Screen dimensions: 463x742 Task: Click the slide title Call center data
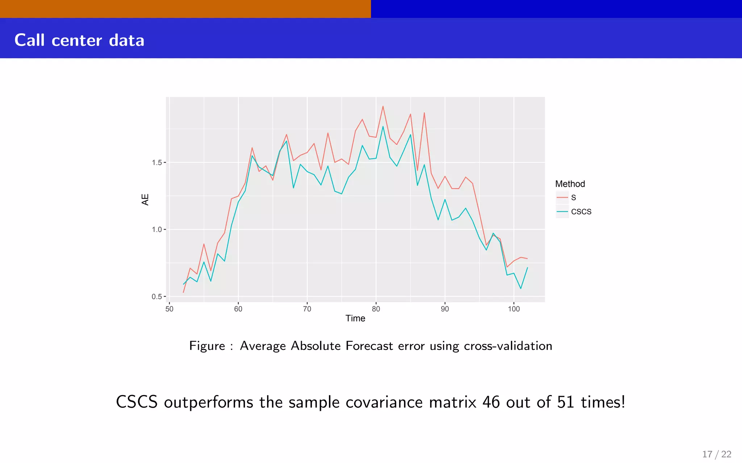(x=79, y=40)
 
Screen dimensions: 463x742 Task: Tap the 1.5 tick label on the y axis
(x=157, y=163)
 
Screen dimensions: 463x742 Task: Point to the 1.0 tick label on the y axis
(x=157, y=230)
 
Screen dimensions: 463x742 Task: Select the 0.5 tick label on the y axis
(x=157, y=297)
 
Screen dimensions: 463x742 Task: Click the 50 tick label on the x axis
(x=169, y=309)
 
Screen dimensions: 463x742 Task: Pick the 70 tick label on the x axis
(x=307, y=309)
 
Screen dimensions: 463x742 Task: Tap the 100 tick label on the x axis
(x=514, y=309)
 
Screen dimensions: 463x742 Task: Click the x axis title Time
(x=355, y=318)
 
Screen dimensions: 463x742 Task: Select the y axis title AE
(x=145, y=200)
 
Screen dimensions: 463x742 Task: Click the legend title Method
(x=570, y=184)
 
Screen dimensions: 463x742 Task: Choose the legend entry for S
(x=573, y=197)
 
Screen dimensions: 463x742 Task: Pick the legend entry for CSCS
(x=581, y=212)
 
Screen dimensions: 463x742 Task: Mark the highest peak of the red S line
(x=383, y=106)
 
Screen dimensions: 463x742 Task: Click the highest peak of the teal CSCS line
(x=383, y=127)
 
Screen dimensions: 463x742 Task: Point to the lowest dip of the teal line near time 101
(x=521, y=288)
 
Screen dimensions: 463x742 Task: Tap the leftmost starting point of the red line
(x=184, y=292)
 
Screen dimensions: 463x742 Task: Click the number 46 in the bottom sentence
(x=491, y=402)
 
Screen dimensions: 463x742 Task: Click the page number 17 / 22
(x=717, y=454)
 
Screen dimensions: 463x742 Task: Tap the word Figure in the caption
(x=207, y=346)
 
